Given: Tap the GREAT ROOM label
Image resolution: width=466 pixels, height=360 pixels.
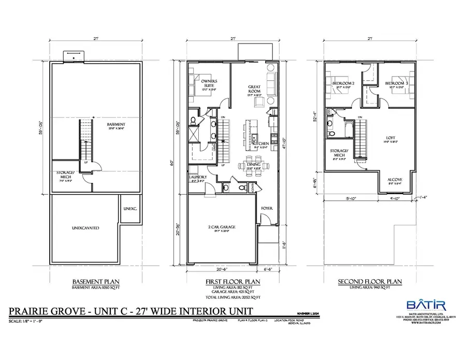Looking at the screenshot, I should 254,89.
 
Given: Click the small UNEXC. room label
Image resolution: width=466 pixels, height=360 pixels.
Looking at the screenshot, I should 129,209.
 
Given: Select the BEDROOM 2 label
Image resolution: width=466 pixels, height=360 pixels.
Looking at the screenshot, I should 343,83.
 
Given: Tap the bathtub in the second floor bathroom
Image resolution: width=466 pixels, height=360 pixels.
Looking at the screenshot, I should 346,124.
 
